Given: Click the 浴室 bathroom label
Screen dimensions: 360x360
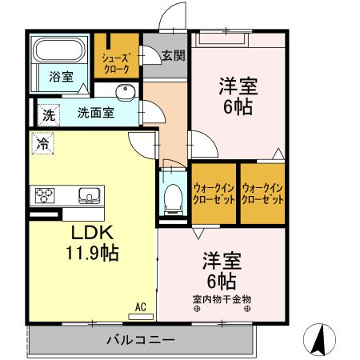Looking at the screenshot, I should click(62, 78).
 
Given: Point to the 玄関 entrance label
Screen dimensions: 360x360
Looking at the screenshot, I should click(172, 56).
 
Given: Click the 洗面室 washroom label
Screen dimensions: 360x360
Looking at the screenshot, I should click(94, 113).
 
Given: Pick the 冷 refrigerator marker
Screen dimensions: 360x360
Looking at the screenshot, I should click(41, 145).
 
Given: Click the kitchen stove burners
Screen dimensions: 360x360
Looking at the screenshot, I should click(45, 195).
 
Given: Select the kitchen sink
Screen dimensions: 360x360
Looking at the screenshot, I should click(87, 194).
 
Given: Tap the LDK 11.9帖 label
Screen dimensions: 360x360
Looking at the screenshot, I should click(92, 244).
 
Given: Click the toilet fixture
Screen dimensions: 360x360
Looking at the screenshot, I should click(173, 197).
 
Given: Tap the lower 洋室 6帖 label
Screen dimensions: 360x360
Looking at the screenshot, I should click(219, 270).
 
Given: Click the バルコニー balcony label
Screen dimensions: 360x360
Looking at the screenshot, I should click(141, 340).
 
